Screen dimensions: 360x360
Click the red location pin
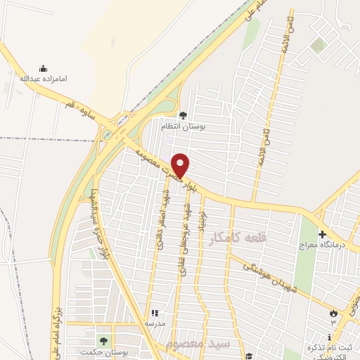coord(181,165)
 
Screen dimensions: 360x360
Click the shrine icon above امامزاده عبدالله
coord(43,68)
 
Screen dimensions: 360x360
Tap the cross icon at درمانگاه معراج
coord(322,234)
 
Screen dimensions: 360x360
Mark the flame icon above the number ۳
coord(333,311)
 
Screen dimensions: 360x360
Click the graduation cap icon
coord(249,355)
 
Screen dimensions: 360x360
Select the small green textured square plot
coord(319,46)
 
